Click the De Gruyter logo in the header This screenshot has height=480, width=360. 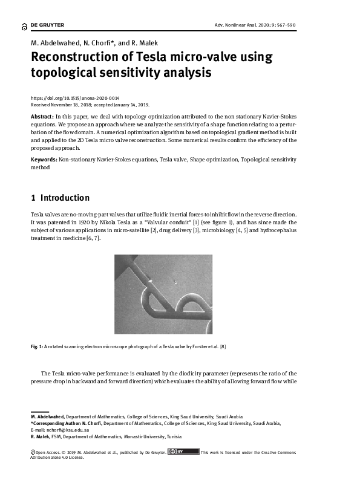point(43,25)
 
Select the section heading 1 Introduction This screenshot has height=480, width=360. point(60,198)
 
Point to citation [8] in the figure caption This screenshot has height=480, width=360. point(223,346)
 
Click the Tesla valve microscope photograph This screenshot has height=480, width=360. point(180,294)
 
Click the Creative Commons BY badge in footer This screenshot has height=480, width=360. point(183,451)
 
